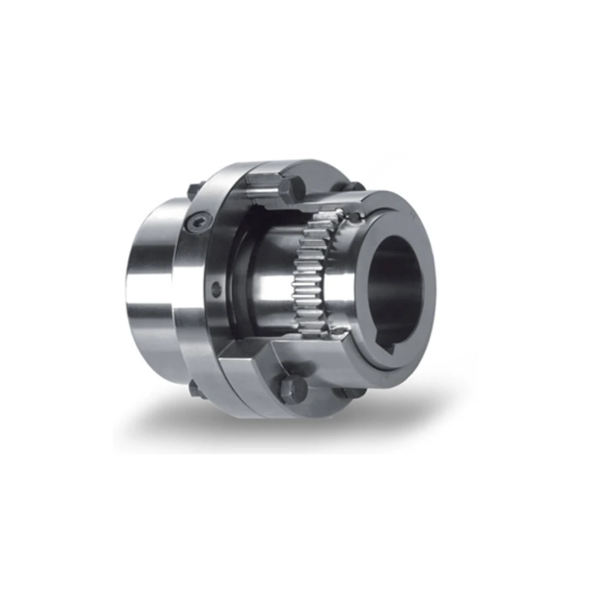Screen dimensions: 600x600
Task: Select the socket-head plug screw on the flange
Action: coord(197,223)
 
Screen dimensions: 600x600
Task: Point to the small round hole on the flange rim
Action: coord(216,289)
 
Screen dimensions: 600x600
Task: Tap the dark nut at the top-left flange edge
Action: coord(193,191)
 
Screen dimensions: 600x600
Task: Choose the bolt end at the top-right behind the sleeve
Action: coord(354,187)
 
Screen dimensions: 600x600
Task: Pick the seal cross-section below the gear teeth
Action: coord(339,333)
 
